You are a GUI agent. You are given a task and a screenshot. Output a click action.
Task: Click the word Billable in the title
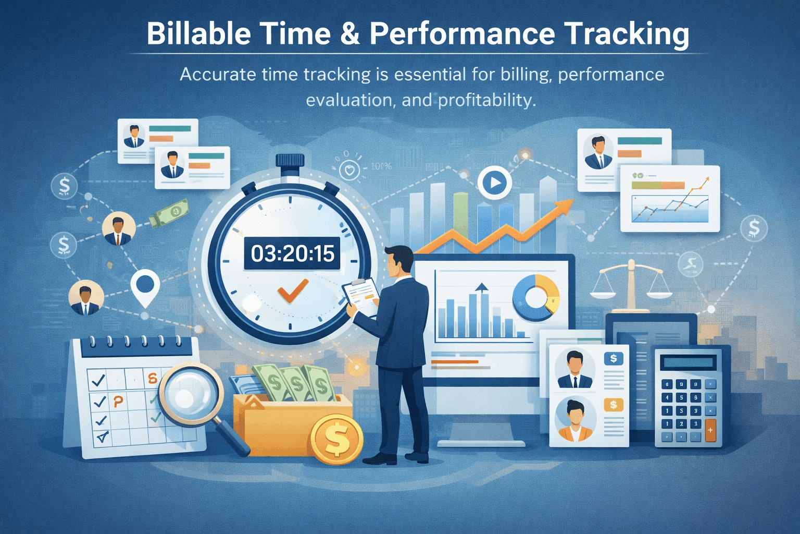tap(198, 34)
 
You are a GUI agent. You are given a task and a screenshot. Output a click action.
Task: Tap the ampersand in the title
tap(350, 34)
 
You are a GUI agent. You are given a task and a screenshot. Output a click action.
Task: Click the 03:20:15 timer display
tap(292, 254)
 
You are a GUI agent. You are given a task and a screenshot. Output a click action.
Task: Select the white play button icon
tap(494, 183)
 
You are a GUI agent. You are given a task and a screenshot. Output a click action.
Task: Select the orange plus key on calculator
tap(710, 430)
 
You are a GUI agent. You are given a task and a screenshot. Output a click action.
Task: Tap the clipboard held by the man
tap(361, 294)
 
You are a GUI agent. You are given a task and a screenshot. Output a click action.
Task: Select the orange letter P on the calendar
tap(119, 402)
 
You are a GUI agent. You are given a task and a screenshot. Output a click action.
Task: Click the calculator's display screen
tap(687, 363)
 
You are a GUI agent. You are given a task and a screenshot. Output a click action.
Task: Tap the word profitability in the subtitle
tap(486, 100)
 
